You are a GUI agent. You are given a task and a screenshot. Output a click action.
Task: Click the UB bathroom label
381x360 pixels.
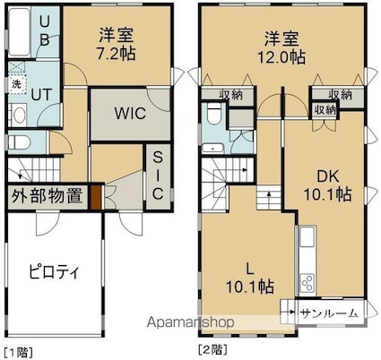[44, 30]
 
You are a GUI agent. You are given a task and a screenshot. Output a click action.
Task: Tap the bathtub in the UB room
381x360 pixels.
[19, 32]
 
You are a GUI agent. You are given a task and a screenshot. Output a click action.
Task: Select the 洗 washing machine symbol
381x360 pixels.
[16, 84]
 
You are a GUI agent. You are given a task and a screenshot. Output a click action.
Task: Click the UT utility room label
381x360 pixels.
[42, 95]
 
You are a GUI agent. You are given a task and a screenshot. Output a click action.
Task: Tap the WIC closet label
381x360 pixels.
[130, 113]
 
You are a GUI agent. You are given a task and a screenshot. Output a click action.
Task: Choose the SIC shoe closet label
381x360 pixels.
[158, 176]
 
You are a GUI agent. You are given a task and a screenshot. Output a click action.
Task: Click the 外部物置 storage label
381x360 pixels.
[48, 196]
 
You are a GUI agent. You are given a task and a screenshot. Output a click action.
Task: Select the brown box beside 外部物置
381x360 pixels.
[96, 197]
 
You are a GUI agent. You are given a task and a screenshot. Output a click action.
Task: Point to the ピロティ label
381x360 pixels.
[54, 271]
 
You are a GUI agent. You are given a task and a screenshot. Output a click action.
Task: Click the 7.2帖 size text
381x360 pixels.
[116, 54]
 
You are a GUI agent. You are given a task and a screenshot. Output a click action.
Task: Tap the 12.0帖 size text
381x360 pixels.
[281, 58]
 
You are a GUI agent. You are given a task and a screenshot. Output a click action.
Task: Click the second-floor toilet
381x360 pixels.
[213, 115]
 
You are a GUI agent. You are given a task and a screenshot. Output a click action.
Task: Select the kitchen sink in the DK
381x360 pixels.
[307, 236]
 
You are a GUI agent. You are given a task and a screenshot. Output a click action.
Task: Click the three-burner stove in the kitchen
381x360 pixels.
[307, 283]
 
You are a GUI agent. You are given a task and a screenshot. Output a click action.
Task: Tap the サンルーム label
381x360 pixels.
[329, 313]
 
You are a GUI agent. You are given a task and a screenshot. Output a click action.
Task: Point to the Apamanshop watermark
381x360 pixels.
[190, 322]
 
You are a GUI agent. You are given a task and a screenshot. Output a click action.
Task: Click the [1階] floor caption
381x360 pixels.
[18, 353]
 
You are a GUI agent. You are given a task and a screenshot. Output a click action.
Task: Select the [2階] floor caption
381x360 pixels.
[213, 349]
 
